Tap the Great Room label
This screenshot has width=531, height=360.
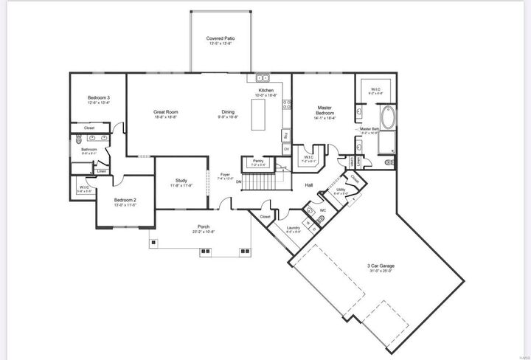click(166, 112)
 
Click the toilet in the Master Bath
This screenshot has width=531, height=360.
click(389, 162)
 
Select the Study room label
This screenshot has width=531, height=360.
click(181, 181)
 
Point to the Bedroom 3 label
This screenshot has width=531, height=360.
click(99, 98)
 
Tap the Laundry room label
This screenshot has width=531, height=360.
click(292, 228)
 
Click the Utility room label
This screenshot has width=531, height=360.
click(340, 190)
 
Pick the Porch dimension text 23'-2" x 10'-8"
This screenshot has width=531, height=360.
click(202, 232)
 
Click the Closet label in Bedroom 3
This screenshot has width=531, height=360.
click(88, 128)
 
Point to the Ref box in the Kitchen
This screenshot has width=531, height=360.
click(285, 135)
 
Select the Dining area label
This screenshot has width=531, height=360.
click(228, 112)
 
